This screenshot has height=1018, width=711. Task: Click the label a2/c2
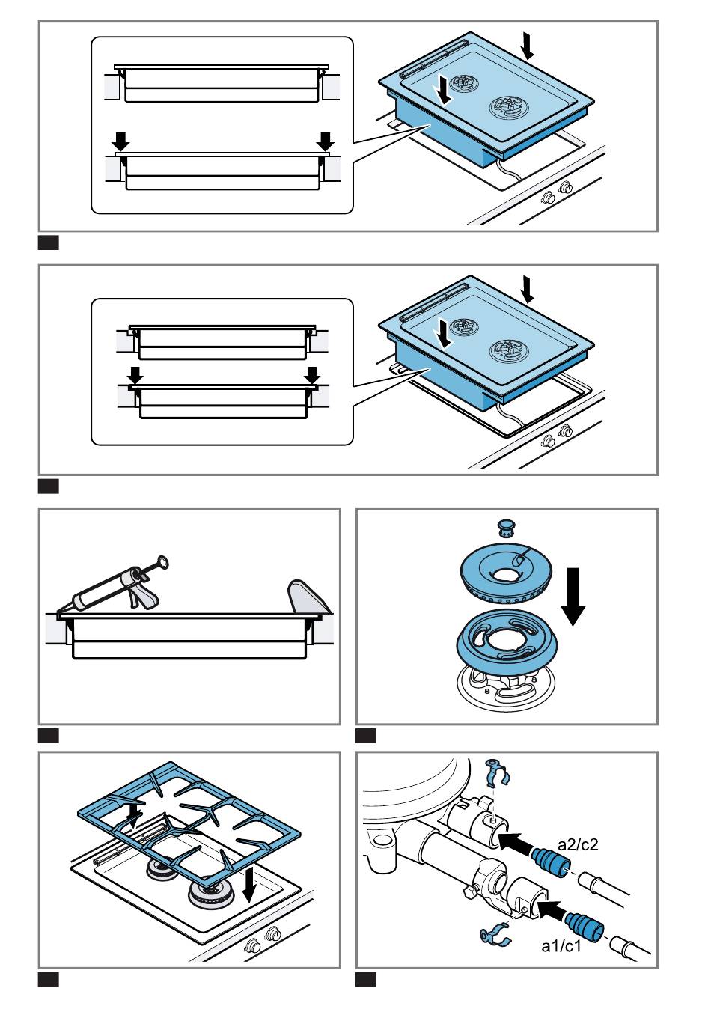click(x=578, y=846)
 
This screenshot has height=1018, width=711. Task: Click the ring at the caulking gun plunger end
click(x=163, y=561)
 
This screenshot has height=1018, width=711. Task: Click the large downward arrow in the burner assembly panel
click(x=574, y=596)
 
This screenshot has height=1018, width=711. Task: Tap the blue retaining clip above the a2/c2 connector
click(x=498, y=774)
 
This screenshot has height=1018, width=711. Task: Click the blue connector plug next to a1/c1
click(x=585, y=922)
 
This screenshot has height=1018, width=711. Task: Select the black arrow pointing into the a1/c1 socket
click(x=553, y=908)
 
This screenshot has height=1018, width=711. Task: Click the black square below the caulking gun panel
click(x=48, y=736)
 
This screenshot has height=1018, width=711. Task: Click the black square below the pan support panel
click(x=48, y=979)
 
